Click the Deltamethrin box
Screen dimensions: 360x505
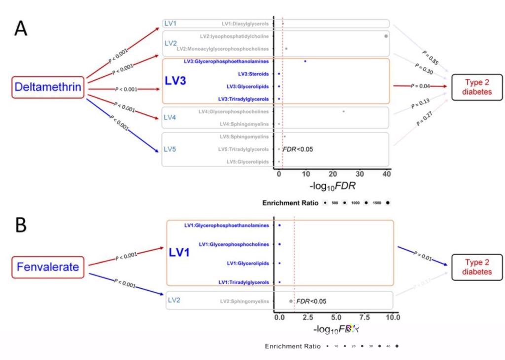pos(48,87)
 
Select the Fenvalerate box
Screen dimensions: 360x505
pos(47,267)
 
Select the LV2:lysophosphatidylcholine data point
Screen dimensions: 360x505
pos(386,36)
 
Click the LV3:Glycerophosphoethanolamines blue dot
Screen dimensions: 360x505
pos(305,62)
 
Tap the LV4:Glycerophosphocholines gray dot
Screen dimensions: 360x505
pos(344,111)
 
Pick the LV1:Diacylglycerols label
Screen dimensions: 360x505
pos(245,24)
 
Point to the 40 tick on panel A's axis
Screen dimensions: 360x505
pos(386,175)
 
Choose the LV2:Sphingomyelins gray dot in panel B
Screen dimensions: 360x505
pos(290,301)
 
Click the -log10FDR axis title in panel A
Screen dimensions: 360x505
pos(331,187)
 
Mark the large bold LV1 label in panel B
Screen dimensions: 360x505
pos(180,252)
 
